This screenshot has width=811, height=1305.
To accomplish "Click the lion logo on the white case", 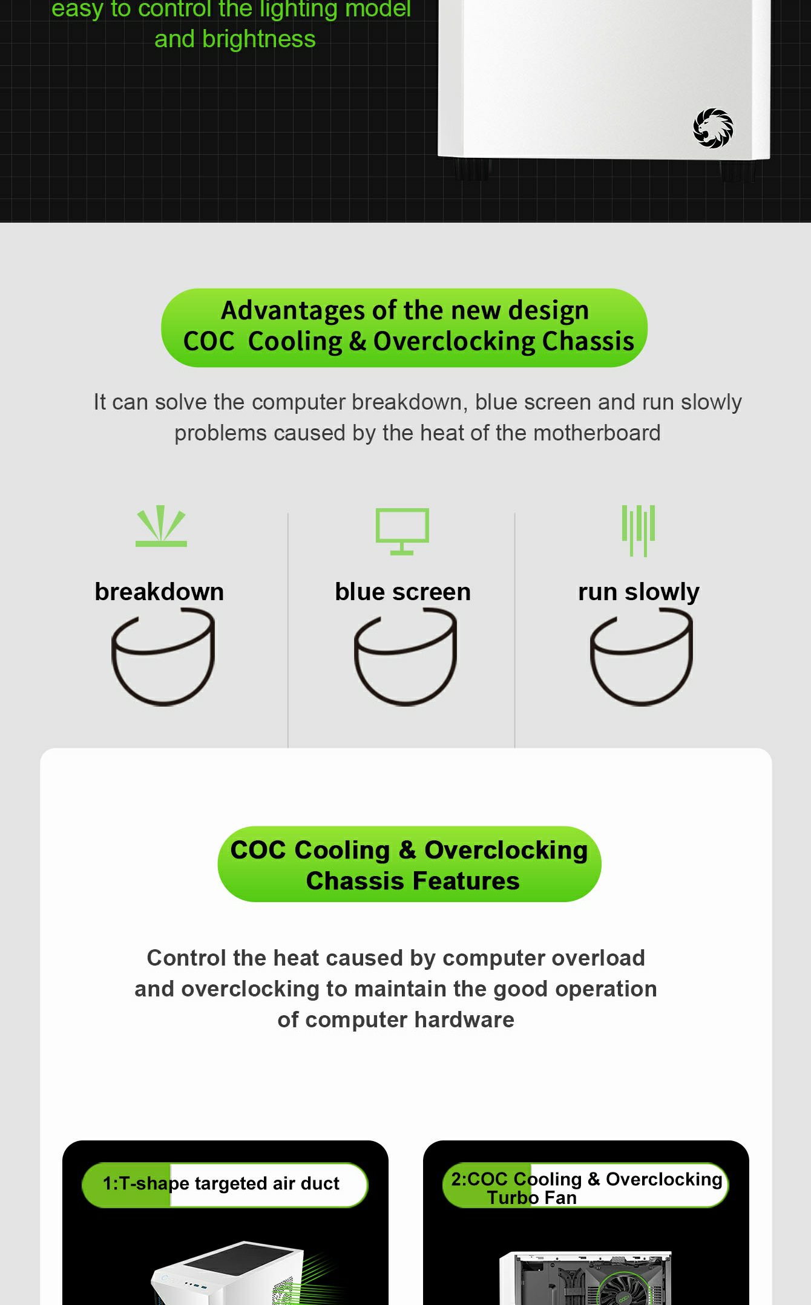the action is (x=713, y=128).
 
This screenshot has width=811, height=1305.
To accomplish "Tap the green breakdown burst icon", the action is (x=161, y=526).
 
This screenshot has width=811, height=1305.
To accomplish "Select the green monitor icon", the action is (x=402, y=531).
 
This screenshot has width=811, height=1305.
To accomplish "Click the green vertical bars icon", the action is (x=639, y=531).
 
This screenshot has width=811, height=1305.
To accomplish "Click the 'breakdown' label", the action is (x=159, y=592).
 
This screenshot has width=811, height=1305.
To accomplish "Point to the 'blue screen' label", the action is (x=402, y=592).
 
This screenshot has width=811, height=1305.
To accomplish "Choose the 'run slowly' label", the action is (x=639, y=592).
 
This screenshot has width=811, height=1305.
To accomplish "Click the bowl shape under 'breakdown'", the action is (x=163, y=701).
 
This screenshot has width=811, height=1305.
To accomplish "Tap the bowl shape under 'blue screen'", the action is (x=405, y=701).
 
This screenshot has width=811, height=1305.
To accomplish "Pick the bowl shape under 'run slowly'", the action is (x=641, y=701).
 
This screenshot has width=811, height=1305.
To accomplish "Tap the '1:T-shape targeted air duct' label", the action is (x=221, y=1183).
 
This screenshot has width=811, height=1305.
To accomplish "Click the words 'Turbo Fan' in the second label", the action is (x=532, y=1198).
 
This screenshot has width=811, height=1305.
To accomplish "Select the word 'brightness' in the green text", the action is (x=259, y=39).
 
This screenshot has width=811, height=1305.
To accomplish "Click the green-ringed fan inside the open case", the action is (x=625, y=1286).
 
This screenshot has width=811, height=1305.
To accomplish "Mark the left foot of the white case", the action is (x=472, y=170).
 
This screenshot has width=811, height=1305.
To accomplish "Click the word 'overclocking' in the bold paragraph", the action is (x=250, y=989).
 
